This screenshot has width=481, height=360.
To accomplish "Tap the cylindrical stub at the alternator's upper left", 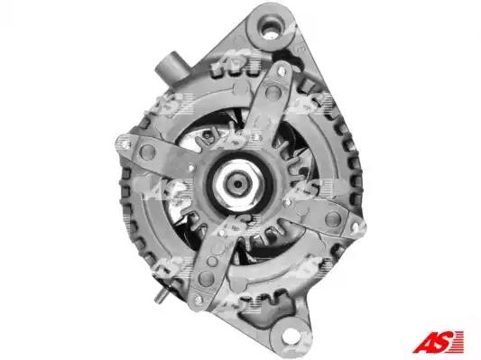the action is tap(171, 67).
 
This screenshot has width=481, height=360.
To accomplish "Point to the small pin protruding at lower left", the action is tap(161, 297).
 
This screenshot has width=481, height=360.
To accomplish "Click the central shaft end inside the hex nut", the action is tap(237, 184).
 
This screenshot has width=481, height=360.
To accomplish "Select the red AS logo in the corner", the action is tap(438, 342).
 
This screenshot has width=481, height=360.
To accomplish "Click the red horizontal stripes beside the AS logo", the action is tap(457, 342).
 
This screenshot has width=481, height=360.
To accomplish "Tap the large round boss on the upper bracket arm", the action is tap(273, 93).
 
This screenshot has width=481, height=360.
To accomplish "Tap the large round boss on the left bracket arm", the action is tap(148, 152).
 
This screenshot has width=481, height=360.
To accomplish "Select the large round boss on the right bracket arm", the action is tap(333, 218).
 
